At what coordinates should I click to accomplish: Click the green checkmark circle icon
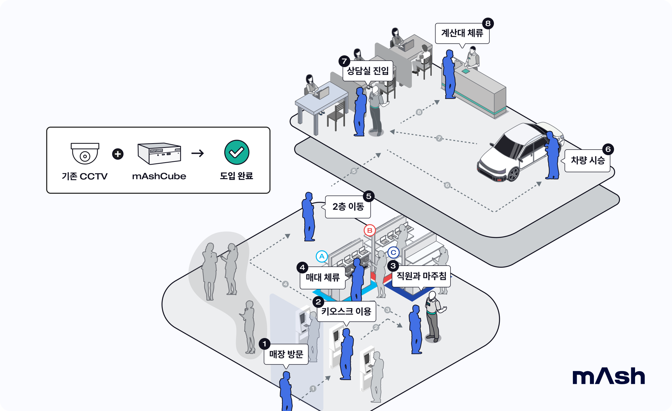tap(237, 152)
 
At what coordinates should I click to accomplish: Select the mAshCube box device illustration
tap(159, 153)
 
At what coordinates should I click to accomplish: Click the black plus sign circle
tap(118, 154)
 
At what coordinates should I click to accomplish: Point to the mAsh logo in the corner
tap(609, 376)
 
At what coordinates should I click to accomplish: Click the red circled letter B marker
tap(370, 230)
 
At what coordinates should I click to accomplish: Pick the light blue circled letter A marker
tap(322, 256)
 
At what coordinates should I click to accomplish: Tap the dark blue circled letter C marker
tap(393, 252)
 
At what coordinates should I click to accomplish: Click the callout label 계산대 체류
tap(462, 33)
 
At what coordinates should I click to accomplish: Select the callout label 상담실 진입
tap(368, 71)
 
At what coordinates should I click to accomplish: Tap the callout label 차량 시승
tap(587, 160)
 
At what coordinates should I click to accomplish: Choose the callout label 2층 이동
tap(348, 207)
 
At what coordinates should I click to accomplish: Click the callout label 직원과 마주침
tap(421, 276)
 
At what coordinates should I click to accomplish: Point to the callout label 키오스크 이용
tap(346, 311)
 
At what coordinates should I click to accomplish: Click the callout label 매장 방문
tap(286, 354)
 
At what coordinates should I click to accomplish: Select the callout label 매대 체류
tap(323, 278)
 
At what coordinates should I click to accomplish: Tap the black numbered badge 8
tap(488, 23)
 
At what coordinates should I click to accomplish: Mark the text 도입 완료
tap(237, 176)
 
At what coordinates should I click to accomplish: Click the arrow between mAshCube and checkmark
tap(198, 153)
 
